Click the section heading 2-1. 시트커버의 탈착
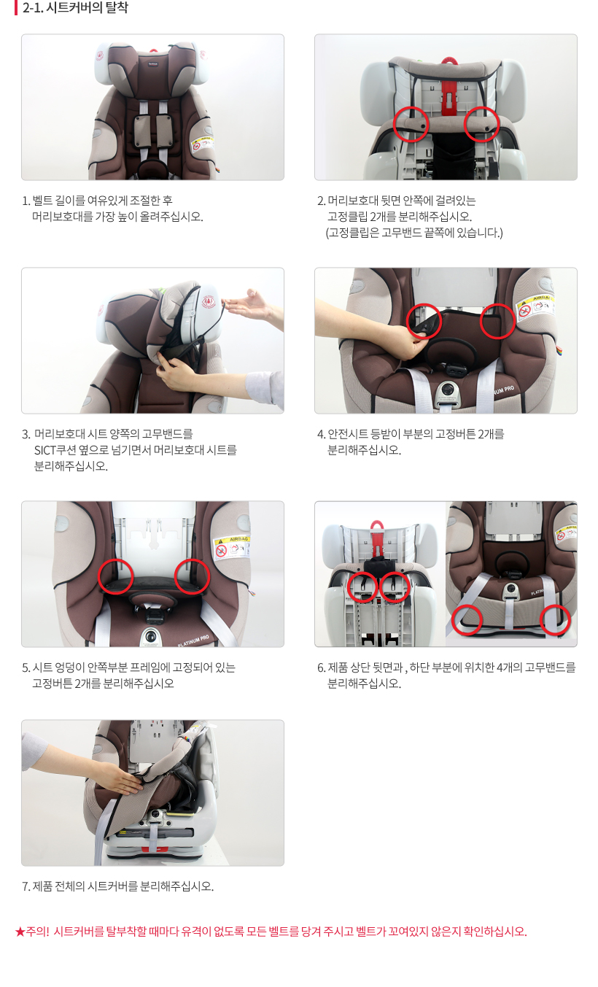coord(75,7)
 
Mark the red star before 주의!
coord(20,932)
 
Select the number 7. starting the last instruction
coord(26,886)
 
